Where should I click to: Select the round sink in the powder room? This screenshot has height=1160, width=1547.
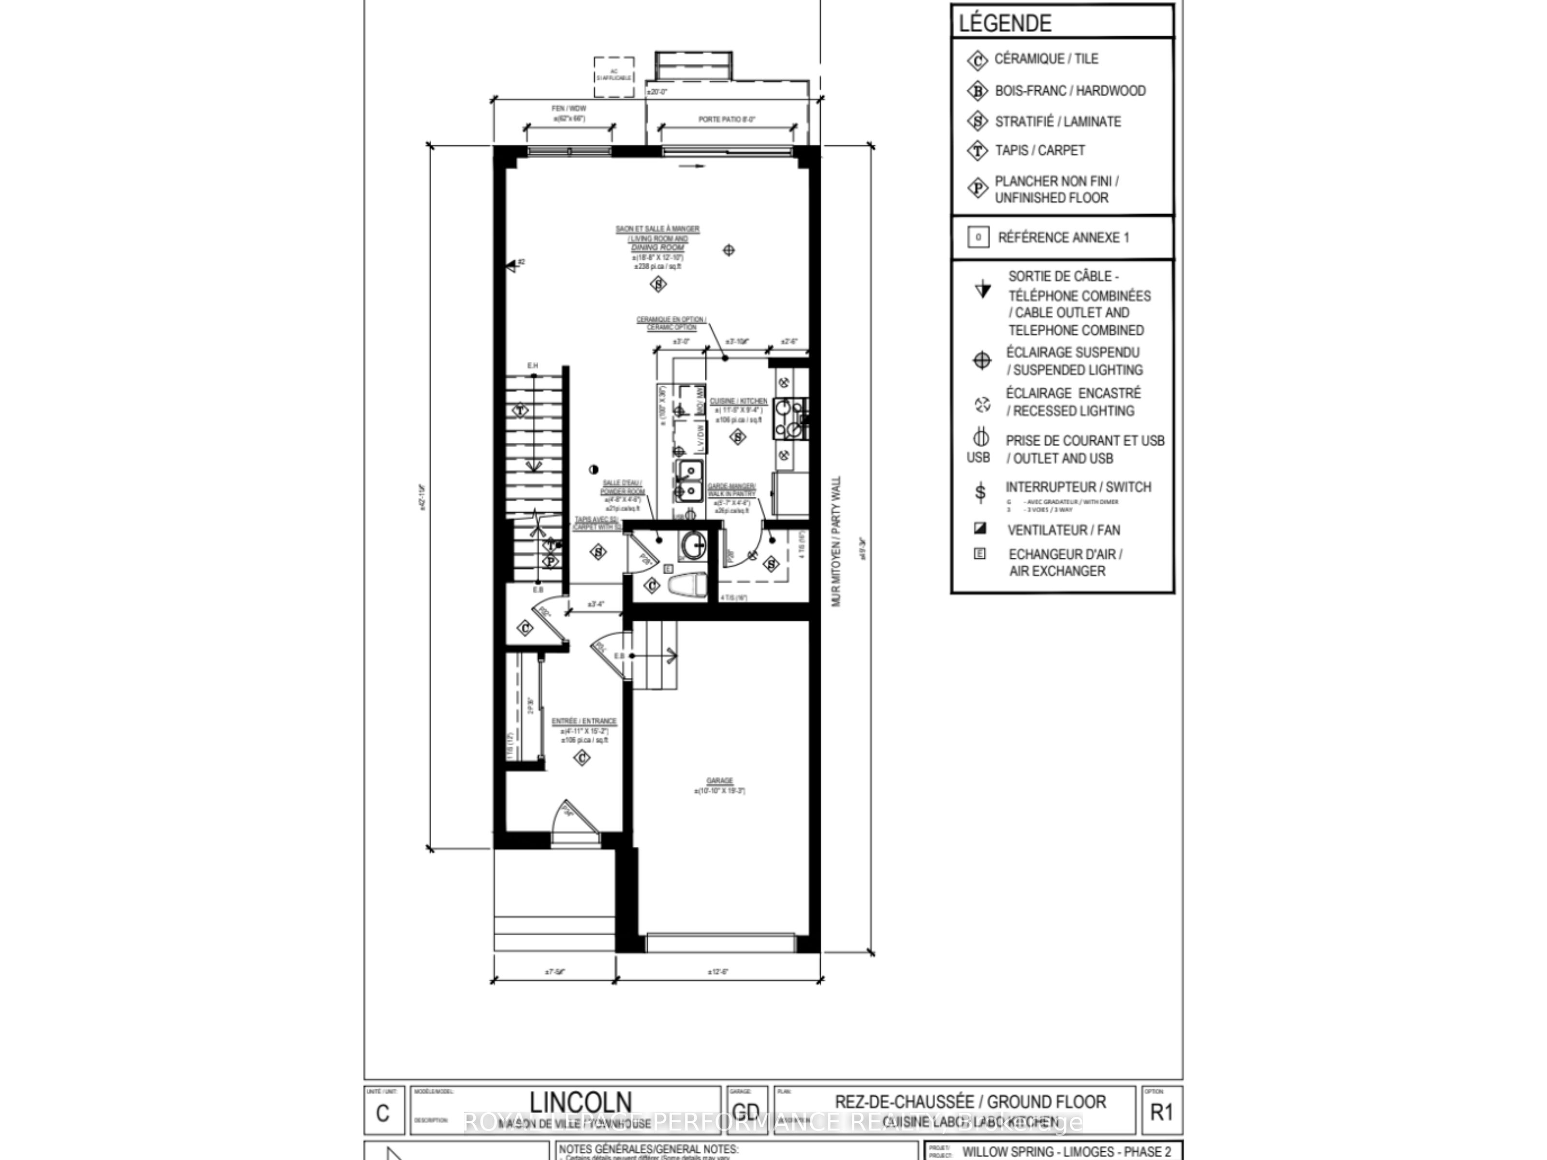click(694, 545)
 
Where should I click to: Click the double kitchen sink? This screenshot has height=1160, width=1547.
click(689, 481)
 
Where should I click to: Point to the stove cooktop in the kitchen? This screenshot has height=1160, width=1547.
click(790, 418)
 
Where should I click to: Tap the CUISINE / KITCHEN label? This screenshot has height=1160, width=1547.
click(738, 401)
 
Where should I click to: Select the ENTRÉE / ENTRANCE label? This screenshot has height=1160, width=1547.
click(584, 721)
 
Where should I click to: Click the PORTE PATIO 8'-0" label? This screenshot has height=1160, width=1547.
click(727, 119)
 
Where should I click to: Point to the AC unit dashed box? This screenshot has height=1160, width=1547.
click(613, 75)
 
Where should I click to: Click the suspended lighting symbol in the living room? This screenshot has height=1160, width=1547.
click(729, 249)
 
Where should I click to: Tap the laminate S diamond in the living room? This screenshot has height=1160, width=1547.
click(658, 284)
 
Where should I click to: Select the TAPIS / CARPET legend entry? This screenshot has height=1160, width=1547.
click(1039, 150)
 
